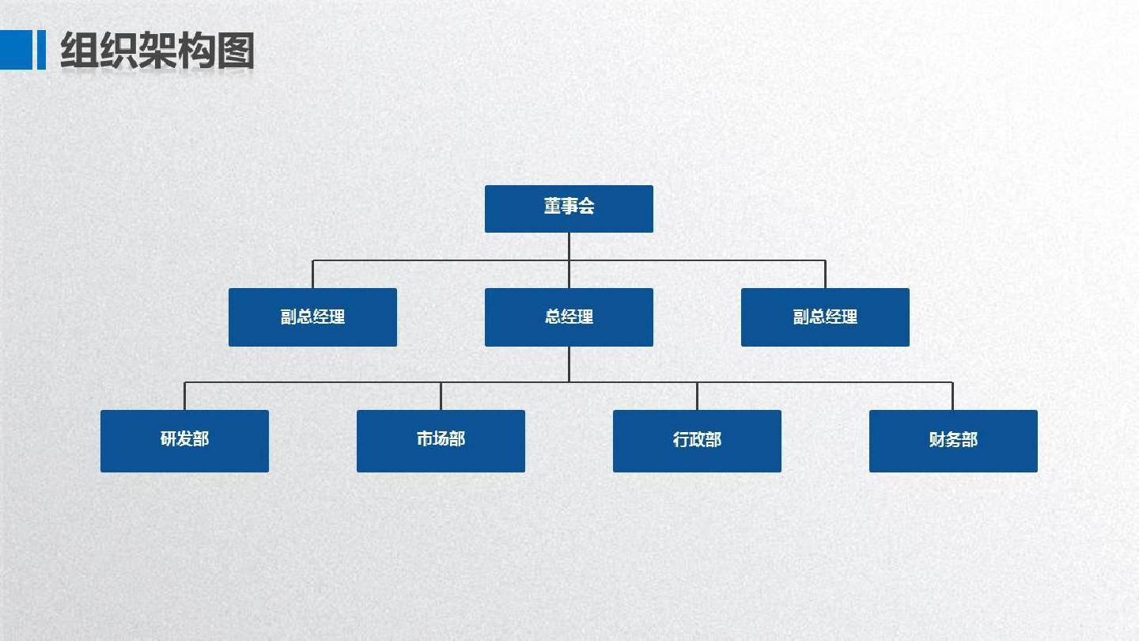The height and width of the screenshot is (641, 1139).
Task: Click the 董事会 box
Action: coord(569,208)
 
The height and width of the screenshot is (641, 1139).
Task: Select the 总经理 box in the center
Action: coord(569,317)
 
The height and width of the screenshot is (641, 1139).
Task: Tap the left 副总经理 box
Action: coord(312,317)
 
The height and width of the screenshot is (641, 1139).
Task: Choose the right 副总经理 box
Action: coord(825,317)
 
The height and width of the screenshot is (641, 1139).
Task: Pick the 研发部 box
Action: coord(184,440)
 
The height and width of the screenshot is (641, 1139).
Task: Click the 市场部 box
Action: coord(441,440)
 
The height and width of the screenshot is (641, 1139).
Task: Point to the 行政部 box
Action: coord(697,440)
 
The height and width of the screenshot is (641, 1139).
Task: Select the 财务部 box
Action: coord(953,440)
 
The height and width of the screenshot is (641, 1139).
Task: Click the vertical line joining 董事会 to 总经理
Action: coord(569,274)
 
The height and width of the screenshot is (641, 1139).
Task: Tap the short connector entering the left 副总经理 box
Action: coord(312,274)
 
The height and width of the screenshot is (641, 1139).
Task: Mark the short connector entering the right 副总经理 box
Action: coord(825,274)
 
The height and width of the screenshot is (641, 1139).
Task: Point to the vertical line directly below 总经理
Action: coord(569,364)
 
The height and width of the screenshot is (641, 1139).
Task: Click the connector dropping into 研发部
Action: coord(184,396)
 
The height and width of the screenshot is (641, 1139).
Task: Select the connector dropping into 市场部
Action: coord(441,396)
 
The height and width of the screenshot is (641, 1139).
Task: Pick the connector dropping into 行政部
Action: coord(697,396)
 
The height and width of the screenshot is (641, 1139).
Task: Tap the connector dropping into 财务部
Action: coord(953,396)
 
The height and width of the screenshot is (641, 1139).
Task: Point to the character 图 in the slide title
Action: coord(235,51)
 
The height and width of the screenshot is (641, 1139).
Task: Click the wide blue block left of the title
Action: coord(15,50)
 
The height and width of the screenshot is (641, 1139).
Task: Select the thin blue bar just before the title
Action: coord(41,50)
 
